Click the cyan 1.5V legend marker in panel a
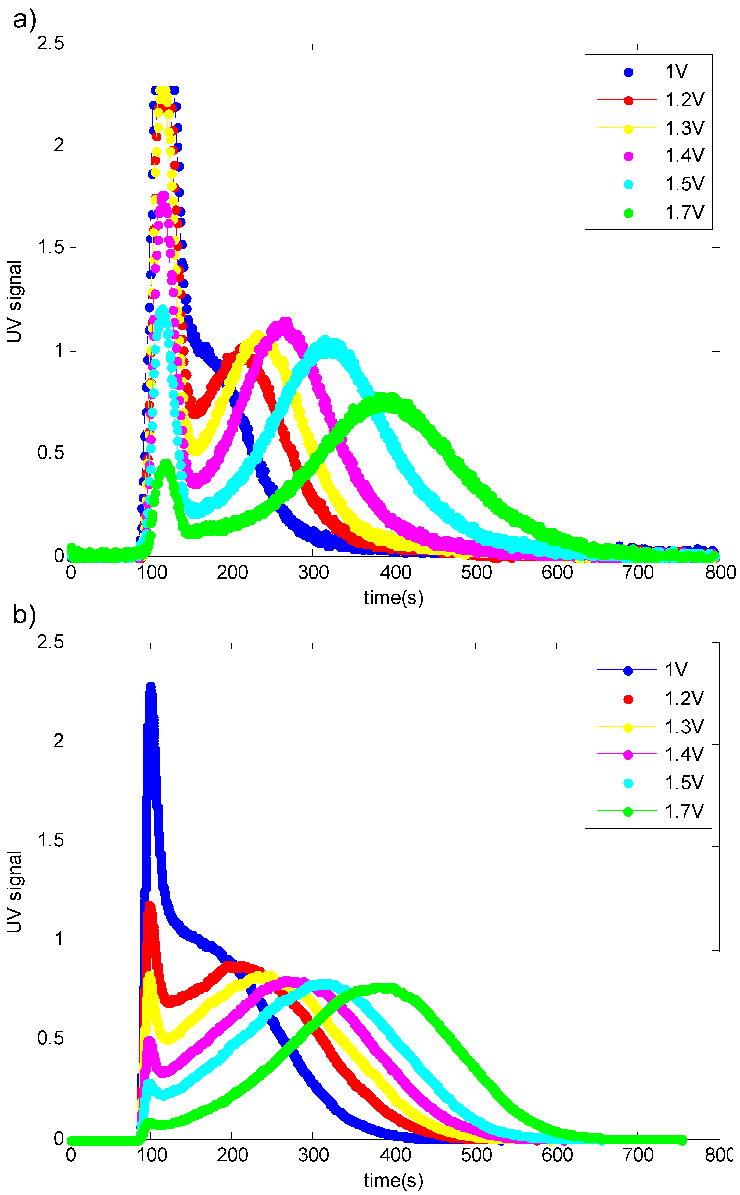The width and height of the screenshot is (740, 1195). pyautogui.click(x=628, y=185)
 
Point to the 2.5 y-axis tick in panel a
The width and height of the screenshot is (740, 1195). pyautogui.click(x=51, y=44)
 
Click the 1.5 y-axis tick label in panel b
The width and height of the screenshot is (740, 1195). pyautogui.click(x=51, y=841)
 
